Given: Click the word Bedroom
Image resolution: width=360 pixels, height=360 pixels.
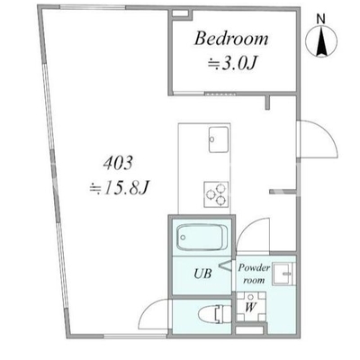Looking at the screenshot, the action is click(231, 39).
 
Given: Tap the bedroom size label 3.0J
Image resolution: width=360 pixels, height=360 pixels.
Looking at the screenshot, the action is click(233, 63).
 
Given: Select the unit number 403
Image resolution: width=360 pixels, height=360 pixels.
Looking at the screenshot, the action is click(118, 164).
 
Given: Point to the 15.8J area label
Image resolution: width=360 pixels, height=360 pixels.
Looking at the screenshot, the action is click(119, 188).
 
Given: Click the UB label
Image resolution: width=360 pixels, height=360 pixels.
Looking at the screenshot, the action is click(202, 274).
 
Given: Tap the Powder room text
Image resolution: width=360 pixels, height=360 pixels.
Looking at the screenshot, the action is click(254, 274).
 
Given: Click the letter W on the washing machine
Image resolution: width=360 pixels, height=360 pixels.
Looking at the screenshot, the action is click(251, 307).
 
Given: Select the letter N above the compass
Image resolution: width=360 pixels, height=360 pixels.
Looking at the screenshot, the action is click(321, 19).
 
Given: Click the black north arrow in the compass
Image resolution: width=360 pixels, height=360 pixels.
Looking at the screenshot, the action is click(321, 40).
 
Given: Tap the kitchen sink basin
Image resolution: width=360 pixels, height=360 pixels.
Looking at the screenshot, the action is click(219, 139).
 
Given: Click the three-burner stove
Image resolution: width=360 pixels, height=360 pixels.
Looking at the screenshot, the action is click(216, 194).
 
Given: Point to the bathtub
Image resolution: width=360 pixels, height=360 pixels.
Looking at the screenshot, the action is click(202, 237).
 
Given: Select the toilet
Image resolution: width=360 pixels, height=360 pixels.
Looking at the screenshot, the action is click(214, 314).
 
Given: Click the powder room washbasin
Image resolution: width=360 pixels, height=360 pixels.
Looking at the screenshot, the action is click(283, 274).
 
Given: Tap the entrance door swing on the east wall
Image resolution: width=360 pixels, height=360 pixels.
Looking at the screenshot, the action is click(318, 139).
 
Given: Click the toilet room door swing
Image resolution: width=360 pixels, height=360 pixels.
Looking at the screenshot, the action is click(153, 315).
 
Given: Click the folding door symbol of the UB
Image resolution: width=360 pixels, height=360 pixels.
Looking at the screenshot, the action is click(226, 265).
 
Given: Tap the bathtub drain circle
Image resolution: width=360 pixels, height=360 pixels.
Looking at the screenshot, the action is click(183, 238).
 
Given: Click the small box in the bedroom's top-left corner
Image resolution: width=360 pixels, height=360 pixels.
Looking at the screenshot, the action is click(180, 13).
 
